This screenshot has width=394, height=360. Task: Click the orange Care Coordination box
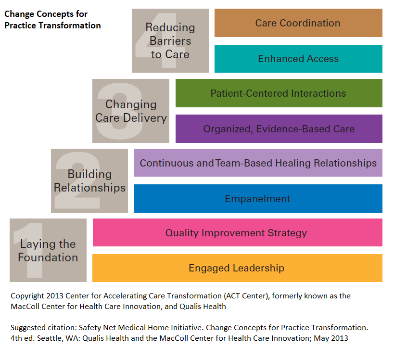(x=298, y=23)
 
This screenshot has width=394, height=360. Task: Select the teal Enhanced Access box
(x=298, y=59)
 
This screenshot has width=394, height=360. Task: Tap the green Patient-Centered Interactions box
(x=279, y=93)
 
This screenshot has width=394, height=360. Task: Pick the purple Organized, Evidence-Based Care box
(x=279, y=129)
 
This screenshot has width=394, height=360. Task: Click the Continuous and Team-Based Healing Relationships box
(x=258, y=163)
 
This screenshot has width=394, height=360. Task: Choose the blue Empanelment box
(x=258, y=199)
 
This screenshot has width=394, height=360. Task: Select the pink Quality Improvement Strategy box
(x=237, y=233)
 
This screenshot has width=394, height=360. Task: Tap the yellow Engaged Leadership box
(x=237, y=268)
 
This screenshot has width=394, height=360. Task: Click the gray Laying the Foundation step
(x=48, y=250)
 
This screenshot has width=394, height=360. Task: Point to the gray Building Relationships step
(x=89, y=180)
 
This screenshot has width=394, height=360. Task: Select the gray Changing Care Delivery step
(x=131, y=111)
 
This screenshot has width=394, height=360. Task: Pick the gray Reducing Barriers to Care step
(x=170, y=41)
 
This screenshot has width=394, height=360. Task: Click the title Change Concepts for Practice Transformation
(x=52, y=20)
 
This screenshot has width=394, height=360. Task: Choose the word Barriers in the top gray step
(x=170, y=41)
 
